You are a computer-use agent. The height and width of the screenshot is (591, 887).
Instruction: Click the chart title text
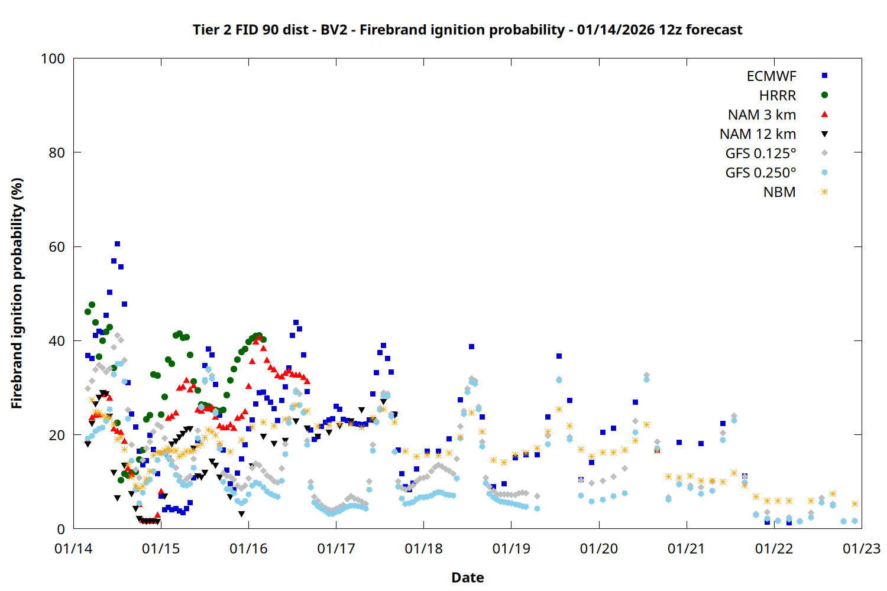pyautogui.click(x=467, y=30)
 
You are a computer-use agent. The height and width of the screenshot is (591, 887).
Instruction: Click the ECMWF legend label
pyautogui.click(x=771, y=76)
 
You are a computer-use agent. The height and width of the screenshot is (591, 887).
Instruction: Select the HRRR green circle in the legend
pyautogui.click(x=824, y=95)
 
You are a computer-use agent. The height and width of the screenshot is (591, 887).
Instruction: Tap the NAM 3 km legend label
pyautogui.click(x=762, y=115)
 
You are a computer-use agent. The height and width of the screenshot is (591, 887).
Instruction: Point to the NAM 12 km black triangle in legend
pyautogui.click(x=824, y=134)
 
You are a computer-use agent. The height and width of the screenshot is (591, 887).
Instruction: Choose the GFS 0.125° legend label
pyautogui.click(x=760, y=154)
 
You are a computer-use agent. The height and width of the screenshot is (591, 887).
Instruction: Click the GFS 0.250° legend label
pyautogui.click(x=760, y=173)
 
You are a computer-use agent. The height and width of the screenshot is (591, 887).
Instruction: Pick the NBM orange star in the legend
pyautogui.click(x=824, y=192)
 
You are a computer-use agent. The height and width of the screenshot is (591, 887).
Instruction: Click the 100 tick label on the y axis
pyautogui.click(x=53, y=59)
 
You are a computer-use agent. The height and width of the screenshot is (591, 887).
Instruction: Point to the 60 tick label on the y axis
pyautogui.click(x=57, y=247)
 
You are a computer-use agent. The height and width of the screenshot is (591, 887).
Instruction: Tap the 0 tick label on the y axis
pyautogui.click(x=61, y=530)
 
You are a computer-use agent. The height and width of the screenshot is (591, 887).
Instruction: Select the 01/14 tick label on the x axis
pyautogui.click(x=73, y=549)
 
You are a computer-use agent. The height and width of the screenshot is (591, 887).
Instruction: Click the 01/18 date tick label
pyautogui.click(x=424, y=549)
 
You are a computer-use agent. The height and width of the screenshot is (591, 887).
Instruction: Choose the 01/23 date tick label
pyautogui.click(x=862, y=549)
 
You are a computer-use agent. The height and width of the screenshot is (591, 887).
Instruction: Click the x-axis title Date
pyautogui.click(x=467, y=577)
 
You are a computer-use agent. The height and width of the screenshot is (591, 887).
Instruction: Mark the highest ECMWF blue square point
pyautogui.click(x=117, y=243)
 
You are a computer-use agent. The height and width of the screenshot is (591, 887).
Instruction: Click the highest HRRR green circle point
pyautogui.click(x=92, y=305)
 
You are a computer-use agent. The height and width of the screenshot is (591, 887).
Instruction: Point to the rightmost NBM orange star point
pyautogui.click(x=854, y=504)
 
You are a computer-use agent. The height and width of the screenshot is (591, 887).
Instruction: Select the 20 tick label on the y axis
pyautogui.click(x=57, y=436)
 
